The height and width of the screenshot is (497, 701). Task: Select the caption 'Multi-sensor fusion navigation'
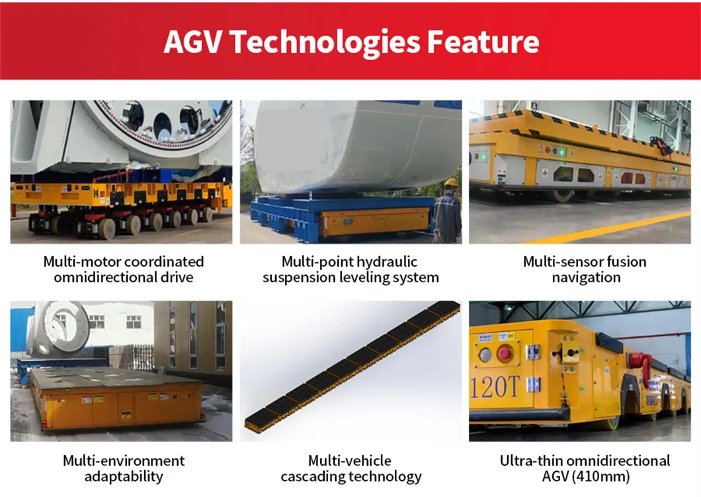point(585,269)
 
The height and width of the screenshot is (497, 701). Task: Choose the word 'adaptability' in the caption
point(124,477)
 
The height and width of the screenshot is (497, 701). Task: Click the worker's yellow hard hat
point(451,182)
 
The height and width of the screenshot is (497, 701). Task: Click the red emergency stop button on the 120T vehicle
point(504,353)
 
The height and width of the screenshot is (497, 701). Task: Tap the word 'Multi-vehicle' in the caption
point(350,461)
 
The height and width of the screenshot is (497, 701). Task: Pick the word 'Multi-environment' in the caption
point(124,461)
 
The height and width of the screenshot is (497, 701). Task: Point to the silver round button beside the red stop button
point(485,354)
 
